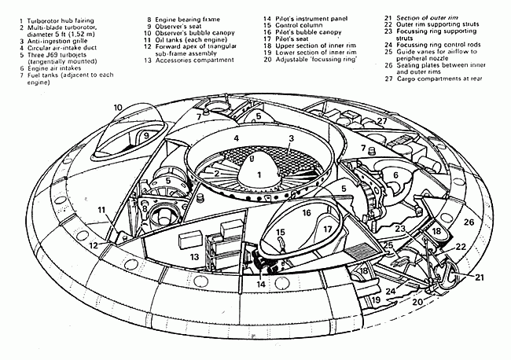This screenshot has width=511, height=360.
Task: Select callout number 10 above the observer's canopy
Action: tap(117, 107)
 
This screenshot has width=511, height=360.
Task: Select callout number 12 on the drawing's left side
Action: tap(94, 246)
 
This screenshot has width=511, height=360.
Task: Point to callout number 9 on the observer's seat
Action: tap(145, 135)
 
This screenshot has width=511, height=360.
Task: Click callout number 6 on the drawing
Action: tap(396, 174)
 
